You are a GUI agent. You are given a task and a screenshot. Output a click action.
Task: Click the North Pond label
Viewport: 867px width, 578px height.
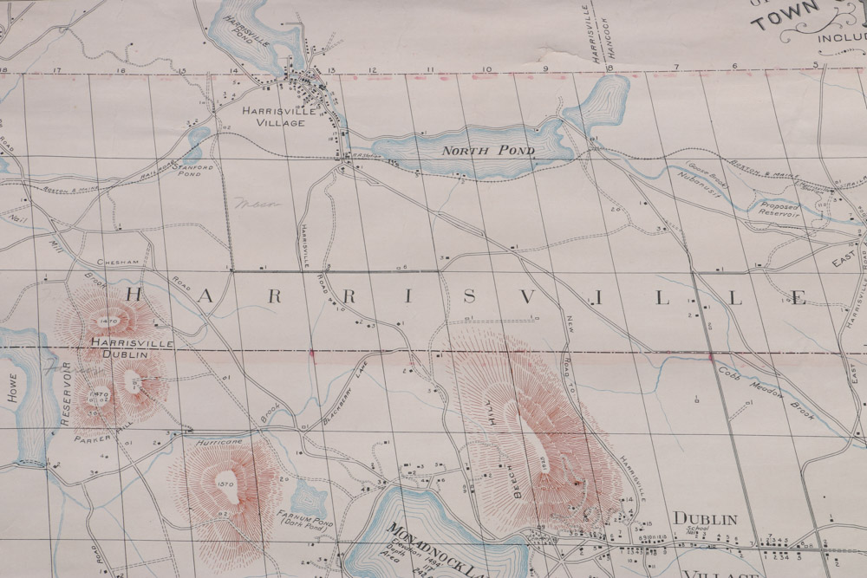click(x=488, y=151)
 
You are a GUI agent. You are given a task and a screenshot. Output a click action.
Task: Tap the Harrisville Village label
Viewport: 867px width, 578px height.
click(x=274, y=116)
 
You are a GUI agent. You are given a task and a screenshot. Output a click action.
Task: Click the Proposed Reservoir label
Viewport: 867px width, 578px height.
click(x=779, y=208)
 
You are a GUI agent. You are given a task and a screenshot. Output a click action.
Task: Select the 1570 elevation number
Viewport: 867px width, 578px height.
click(x=226, y=484)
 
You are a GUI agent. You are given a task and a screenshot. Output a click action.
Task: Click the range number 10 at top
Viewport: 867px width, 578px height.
click(x=486, y=68)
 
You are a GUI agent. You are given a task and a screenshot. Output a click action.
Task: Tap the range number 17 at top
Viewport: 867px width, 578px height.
click(x=57, y=68)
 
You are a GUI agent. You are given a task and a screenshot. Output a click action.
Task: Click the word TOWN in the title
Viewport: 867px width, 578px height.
click(x=785, y=18)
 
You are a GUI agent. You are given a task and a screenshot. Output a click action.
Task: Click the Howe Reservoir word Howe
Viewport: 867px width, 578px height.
click(x=12, y=387)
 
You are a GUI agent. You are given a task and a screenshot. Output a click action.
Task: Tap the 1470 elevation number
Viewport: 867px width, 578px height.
click(x=109, y=321)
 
